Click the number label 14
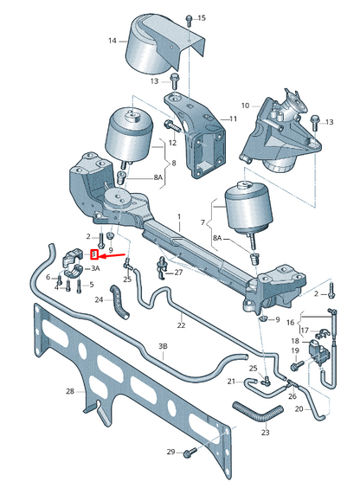(112, 41)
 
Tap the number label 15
(202, 18)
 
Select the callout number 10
(245, 106)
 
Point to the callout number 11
(233, 119)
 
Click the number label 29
(170, 452)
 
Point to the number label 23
(265, 432)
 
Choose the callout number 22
(181, 325)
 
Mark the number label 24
(100, 300)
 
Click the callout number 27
(178, 273)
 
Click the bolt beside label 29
(190, 451)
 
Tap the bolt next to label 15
(188, 18)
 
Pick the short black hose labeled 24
(119, 303)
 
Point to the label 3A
(95, 269)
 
